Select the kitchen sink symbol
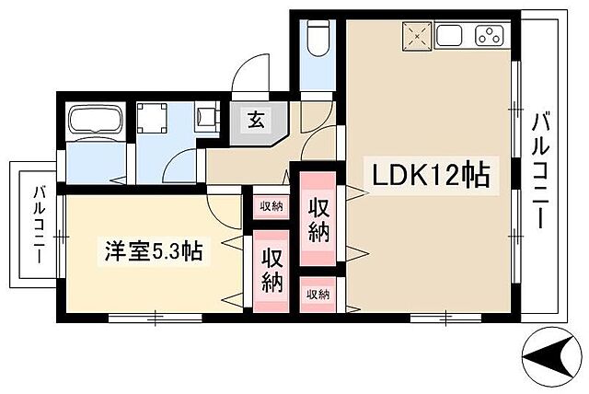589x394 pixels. tap(450, 37)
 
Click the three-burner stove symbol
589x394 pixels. tap(488, 37)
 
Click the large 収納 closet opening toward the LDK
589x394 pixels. tap(318, 219)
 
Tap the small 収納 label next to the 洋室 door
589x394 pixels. tap(270, 205)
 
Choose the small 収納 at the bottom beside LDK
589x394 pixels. tap(318, 295)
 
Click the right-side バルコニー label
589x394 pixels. tap(543, 170)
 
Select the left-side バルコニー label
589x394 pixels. tap(39, 226)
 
